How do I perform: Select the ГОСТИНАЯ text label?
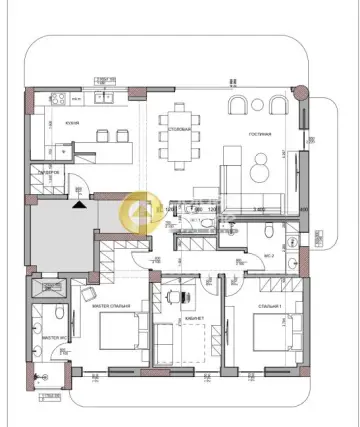point(261,133)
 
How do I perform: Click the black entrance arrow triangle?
point(79,204)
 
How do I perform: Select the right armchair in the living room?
point(275,108)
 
